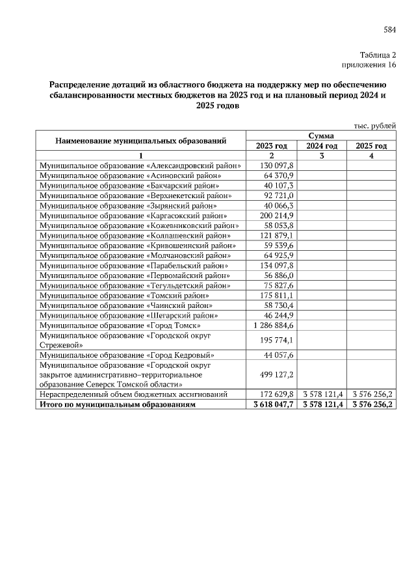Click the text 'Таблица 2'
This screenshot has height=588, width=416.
[378, 55]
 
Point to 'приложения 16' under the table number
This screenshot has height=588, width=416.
[369, 65]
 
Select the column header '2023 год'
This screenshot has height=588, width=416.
[272, 146]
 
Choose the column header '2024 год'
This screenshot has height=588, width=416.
[322, 146]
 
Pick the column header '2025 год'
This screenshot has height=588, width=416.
[371, 146]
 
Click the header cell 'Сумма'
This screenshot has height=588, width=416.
[321, 136]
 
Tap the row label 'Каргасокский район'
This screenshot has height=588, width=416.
[133, 215]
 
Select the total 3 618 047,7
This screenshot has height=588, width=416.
[272, 404]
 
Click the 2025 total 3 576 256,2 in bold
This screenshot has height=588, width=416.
[371, 404]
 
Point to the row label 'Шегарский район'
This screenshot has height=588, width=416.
[129, 315]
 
